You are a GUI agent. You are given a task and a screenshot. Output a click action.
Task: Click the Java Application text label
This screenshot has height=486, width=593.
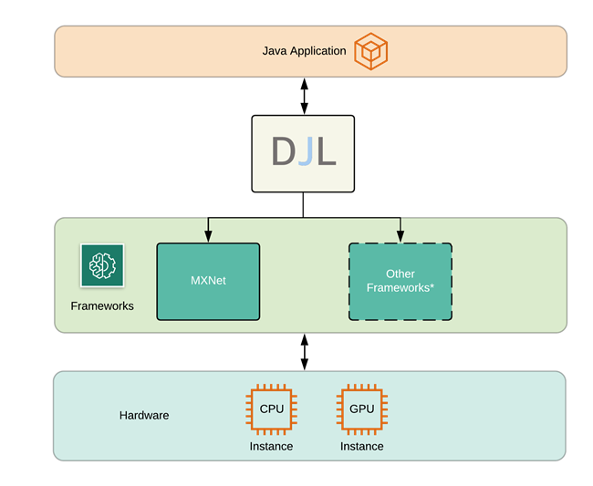(x=304, y=51)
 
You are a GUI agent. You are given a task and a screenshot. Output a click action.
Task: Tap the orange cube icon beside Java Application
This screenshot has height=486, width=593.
(x=371, y=50)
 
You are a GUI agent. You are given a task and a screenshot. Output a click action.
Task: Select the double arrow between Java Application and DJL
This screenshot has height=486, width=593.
(x=304, y=95)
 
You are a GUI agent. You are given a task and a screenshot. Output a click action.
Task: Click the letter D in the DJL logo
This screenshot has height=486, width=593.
(x=283, y=152)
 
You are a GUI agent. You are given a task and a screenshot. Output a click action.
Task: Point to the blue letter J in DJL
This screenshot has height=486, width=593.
(x=305, y=152)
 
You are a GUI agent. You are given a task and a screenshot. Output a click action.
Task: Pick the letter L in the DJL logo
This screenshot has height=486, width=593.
(x=326, y=152)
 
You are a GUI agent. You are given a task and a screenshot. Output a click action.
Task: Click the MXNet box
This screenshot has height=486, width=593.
(x=208, y=281)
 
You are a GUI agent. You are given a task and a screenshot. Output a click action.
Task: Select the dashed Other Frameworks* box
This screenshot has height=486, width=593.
(x=400, y=281)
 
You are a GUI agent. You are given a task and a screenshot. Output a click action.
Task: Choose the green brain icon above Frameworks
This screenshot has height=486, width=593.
(x=102, y=265)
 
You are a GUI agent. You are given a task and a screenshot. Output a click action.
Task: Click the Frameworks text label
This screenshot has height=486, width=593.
(x=102, y=305)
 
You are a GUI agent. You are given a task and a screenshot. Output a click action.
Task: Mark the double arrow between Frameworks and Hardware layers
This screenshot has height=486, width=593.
(x=304, y=351)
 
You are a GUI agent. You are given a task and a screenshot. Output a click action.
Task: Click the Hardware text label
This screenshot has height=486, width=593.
(x=144, y=415)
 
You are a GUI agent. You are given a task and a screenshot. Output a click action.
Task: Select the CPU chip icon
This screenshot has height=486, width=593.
(x=272, y=409)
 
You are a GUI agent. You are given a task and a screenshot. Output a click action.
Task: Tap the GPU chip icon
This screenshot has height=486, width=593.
(x=361, y=409)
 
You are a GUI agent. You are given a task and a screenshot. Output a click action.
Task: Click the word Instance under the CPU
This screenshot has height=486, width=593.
(x=272, y=446)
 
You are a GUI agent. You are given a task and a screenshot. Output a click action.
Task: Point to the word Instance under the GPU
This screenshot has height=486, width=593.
(x=361, y=446)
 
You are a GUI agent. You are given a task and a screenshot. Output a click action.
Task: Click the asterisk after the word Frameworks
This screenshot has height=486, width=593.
(x=431, y=286)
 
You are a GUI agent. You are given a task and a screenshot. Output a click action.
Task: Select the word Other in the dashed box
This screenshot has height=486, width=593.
(x=400, y=274)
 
